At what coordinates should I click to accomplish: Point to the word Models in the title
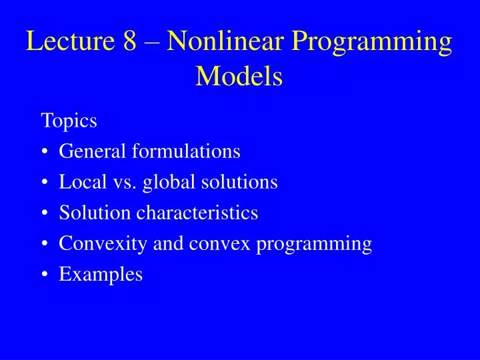tap(239, 77)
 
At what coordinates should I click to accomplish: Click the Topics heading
tap(69, 121)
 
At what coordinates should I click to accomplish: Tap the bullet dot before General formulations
tap(45, 153)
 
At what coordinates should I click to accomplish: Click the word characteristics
tap(197, 213)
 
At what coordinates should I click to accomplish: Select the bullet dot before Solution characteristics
tap(45, 214)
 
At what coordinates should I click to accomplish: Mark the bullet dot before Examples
tap(45, 275)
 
